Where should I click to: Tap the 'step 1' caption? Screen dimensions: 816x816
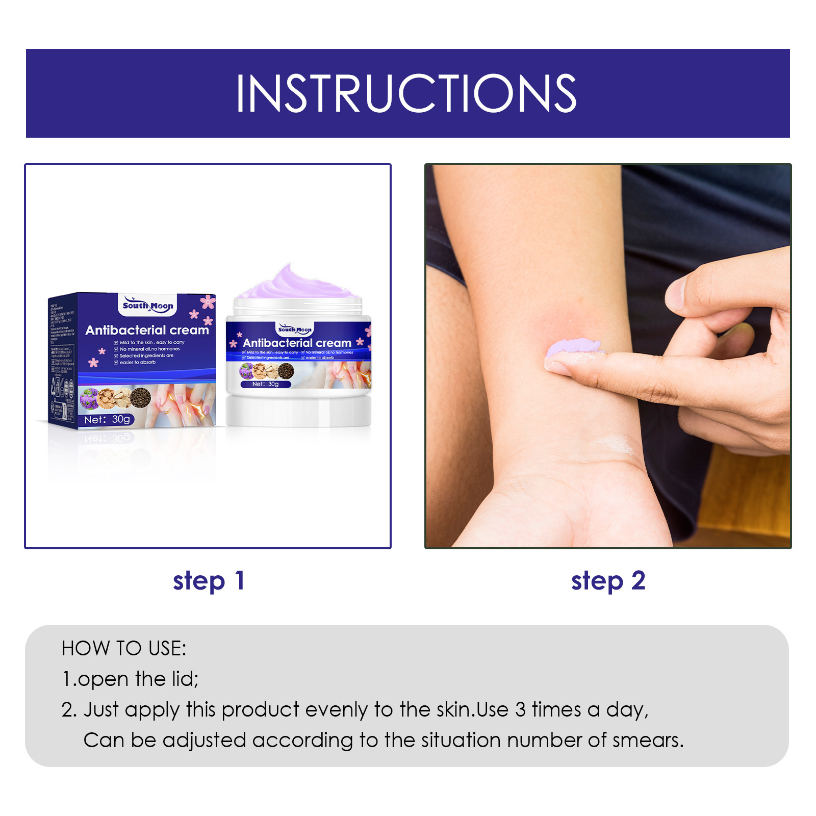pos(209,581)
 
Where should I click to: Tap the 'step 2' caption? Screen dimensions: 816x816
pos(608,581)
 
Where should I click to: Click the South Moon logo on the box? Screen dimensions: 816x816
pos(148,305)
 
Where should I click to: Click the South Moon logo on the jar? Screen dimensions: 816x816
pos(295,329)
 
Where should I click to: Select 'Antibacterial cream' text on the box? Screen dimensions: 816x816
pos(147,330)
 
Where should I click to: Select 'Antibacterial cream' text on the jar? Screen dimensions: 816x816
pos(297,343)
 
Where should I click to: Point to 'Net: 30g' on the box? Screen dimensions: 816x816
pos(107,419)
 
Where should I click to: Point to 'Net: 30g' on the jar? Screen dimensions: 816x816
pos(265,384)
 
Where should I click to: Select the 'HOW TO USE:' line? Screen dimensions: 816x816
pos(124,648)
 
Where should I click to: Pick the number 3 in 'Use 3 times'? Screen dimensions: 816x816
pos(520,710)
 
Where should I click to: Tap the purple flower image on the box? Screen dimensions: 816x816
pos(89,398)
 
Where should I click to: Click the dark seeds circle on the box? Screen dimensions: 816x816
pos(140,398)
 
